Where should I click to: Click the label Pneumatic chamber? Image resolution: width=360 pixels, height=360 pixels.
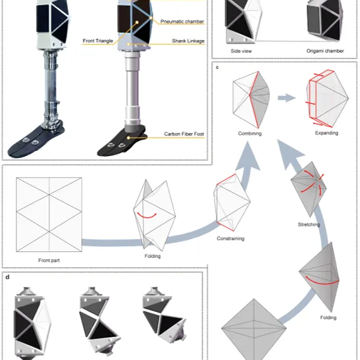[182, 21]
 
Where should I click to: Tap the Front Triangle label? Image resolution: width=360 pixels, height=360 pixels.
[98, 41]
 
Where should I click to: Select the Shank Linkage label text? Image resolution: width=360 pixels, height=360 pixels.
[188, 41]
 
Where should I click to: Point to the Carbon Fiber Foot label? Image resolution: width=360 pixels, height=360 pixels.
[184, 134]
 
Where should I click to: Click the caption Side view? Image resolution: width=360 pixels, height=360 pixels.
[241, 51]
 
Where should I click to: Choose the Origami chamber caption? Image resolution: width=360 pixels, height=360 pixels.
[325, 51]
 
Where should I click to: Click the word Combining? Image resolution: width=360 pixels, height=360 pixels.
[250, 134]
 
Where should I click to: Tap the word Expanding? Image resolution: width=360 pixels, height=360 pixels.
[326, 133]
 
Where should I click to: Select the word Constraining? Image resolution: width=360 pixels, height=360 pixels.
[230, 238]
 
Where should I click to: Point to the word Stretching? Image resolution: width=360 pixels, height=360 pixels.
[309, 224]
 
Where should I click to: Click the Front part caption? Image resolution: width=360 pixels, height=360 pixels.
[49, 261]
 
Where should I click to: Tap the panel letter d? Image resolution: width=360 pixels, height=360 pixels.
[7, 277]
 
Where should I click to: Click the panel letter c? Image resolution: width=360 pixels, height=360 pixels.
[217, 67]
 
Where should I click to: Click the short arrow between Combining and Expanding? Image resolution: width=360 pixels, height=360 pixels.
[286, 98]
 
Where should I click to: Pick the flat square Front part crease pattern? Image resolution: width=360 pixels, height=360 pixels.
[49, 215]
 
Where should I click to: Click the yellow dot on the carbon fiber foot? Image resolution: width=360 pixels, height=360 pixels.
[128, 138]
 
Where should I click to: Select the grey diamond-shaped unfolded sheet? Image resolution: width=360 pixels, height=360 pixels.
[254, 329]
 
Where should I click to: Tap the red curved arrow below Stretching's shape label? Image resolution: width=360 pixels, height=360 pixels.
[321, 282]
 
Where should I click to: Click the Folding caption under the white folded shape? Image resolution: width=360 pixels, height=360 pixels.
[153, 256]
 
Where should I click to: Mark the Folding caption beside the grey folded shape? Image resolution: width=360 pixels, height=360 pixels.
[328, 317]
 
